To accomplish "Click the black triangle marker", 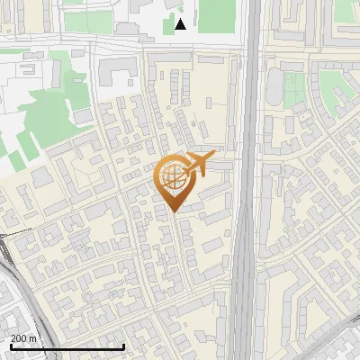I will point(181,24).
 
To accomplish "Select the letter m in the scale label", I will point(34,337).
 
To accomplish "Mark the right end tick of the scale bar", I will point(123,346).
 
